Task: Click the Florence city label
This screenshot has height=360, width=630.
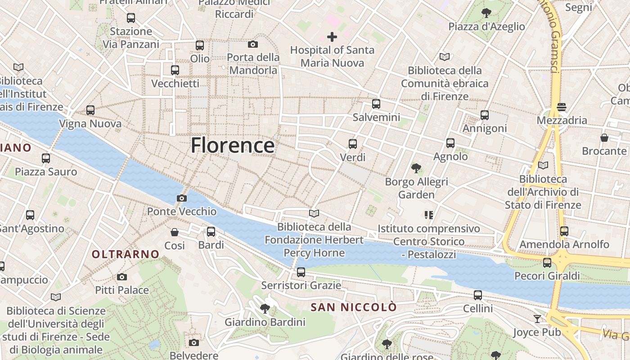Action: tap(232, 146)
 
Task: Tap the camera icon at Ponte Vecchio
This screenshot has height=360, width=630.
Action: tap(182, 198)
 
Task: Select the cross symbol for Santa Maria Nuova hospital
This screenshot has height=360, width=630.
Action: tap(332, 37)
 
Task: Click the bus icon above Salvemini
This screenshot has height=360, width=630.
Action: tap(376, 104)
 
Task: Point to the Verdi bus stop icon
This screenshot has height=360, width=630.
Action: tap(353, 144)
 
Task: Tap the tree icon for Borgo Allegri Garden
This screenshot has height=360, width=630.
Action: tap(416, 168)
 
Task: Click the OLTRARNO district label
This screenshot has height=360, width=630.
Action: tap(126, 254)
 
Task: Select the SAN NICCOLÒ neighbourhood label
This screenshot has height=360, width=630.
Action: tap(354, 307)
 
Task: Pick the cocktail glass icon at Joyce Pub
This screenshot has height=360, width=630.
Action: tap(537, 319)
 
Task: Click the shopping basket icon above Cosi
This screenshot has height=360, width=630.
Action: tap(175, 232)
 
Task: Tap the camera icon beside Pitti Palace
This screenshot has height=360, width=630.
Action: tap(122, 277)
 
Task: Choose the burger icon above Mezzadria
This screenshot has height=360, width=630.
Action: tap(562, 107)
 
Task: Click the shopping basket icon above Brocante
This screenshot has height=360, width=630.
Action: tap(604, 137)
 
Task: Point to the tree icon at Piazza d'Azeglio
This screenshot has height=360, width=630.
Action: tap(486, 13)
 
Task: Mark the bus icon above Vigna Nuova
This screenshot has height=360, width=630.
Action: tap(90, 110)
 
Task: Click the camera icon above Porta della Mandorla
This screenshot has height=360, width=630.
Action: tap(253, 44)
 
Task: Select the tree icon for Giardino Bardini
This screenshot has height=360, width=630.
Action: tap(265, 309)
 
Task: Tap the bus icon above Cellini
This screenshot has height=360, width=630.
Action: tap(478, 295)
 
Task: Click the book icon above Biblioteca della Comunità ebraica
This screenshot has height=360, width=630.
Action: tap(445, 57)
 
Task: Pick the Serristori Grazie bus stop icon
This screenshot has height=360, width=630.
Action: tap(301, 272)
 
